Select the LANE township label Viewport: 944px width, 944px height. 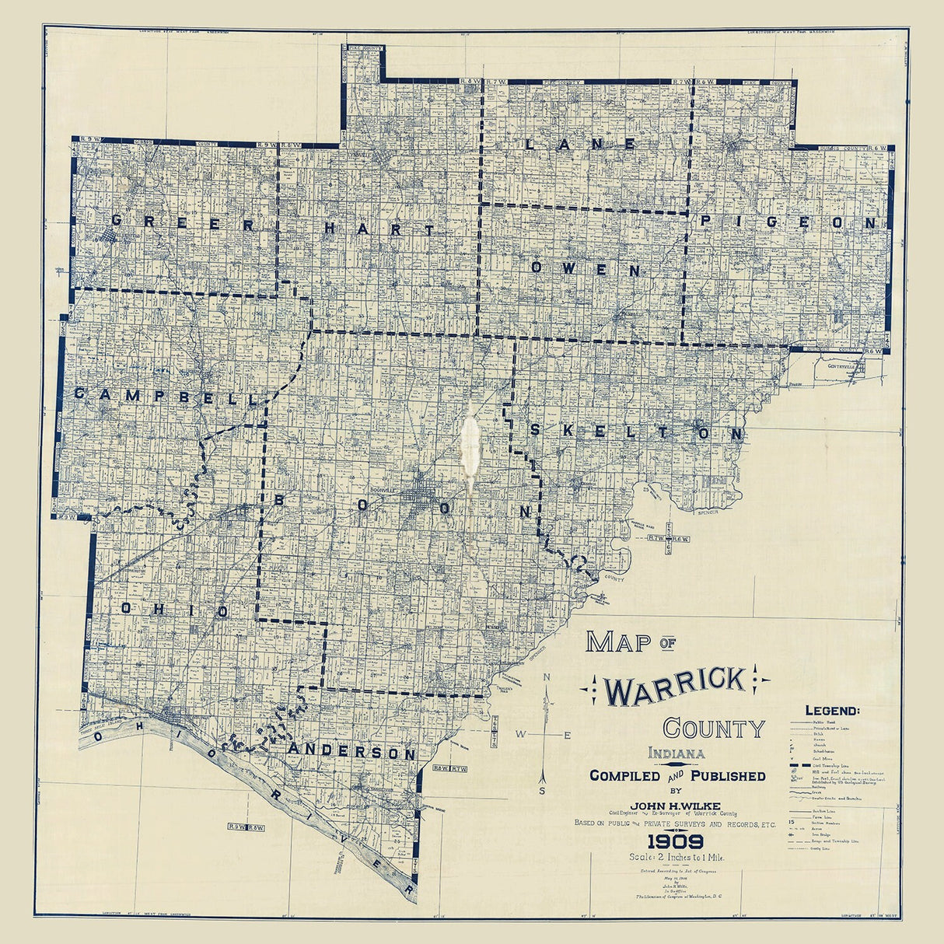click(x=580, y=144)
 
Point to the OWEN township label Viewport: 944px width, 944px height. click(x=586, y=269)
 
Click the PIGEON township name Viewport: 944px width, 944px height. click(x=788, y=222)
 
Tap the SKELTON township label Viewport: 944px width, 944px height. click(x=636, y=433)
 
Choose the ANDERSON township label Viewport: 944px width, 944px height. click(x=352, y=752)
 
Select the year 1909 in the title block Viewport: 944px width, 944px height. click(x=676, y=841)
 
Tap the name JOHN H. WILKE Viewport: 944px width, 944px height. click(x=677, y=805)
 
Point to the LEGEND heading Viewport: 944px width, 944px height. click(x=832, y=710)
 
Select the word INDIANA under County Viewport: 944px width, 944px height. click(x=677, y=753)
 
